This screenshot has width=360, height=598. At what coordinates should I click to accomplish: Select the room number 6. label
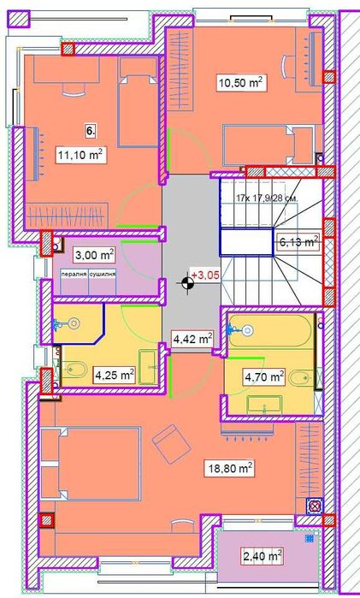(x=90, y=131)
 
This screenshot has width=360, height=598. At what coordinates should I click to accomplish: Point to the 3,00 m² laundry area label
(x=94, y=255)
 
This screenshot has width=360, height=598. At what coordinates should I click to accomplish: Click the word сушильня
(x=109, y=276)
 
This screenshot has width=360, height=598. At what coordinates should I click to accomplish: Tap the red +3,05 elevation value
(x=206, y=275)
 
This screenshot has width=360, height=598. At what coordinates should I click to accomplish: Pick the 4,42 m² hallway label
(x=192, y=339)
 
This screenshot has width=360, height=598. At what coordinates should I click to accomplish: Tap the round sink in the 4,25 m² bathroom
(x=73, y=324)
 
